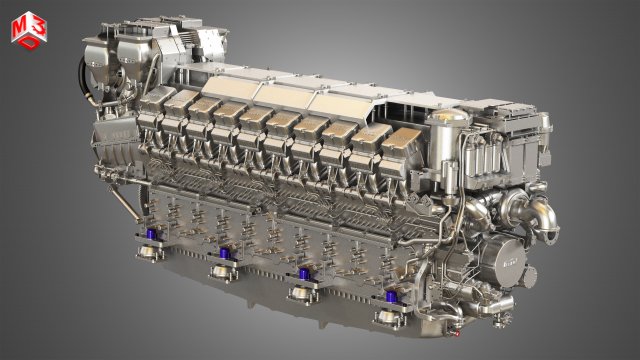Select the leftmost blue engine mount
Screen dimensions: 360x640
[153, 240]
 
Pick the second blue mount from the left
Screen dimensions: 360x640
[221, 257]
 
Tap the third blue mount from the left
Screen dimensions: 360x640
[298, 277]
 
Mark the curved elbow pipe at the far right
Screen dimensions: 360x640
[545, 215]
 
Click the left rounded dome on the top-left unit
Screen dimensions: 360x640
[100, 50]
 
